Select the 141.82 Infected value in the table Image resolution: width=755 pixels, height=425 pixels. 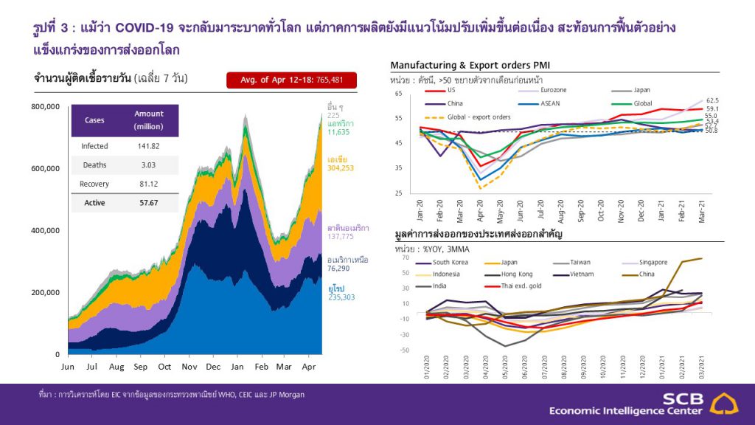[x=149, y=146]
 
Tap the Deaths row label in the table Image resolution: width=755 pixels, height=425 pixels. [x=94, y=165]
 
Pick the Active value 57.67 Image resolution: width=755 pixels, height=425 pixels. [x=149, y=201]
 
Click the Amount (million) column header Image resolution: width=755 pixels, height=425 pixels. [x=149, y=120]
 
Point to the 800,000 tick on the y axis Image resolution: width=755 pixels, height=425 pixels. [x=45, y=107]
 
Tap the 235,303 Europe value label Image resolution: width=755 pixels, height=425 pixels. [x=342, y=297]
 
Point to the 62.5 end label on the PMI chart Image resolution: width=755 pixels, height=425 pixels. [x=712, y=100]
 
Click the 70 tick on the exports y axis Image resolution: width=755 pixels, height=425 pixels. [x=406, y=259]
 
